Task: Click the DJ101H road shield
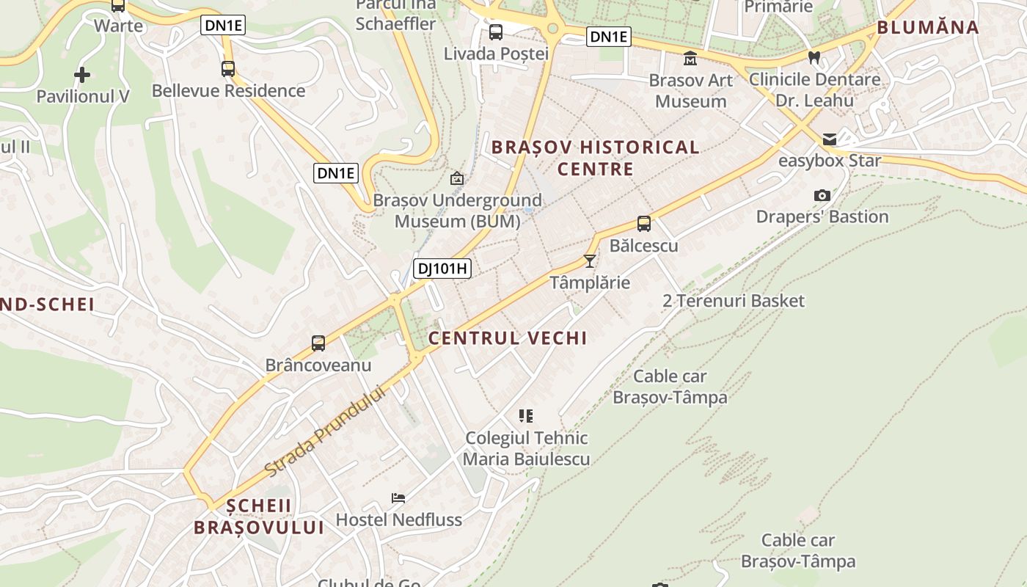click(x=442, y=269)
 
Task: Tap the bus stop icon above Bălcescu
click(x=643, y=224)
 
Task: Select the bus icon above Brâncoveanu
click(x=318, y=343)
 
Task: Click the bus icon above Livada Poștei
click(x=496, y=32)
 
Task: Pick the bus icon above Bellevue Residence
click(x=228, y=69)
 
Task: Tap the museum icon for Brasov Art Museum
click(x=690, y=58)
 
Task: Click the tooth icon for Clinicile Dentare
click(x=814, y=57)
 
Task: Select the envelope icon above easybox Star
click(x=830, y=139)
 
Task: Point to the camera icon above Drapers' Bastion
click(x=822, y=195)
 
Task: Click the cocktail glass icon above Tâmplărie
click(x=589, y=260)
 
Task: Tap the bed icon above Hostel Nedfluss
click(x=398, y=498)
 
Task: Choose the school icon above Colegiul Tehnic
click(x=525, y=416)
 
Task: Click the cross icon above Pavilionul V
click(x=82, y=74)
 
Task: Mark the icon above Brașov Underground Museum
click(x=457, y=178)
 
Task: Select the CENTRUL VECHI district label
click(x=508, y=338)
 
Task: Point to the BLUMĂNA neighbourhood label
click(x=928, y=28)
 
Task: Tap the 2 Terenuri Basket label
click(x=733, y=301)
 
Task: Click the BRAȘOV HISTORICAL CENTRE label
click(x=595, y=158)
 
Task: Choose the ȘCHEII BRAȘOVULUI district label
click(x=258, y=517)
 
